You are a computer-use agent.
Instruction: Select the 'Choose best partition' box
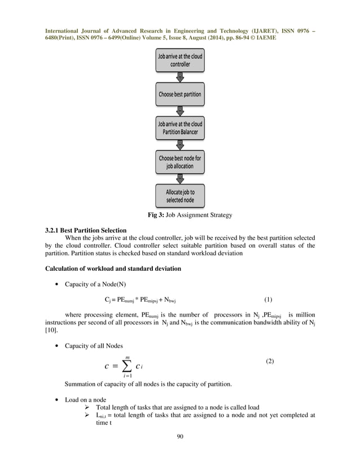(x=179, y=94)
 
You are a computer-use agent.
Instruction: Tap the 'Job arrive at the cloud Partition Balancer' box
(x=179, y=128)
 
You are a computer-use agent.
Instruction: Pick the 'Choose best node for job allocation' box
(x=179, y=162)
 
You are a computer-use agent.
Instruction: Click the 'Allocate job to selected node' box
(x=179, y=196)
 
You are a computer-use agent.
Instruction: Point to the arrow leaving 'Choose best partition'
(x=179, y=110)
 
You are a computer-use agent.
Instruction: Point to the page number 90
(x=180, y=436)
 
